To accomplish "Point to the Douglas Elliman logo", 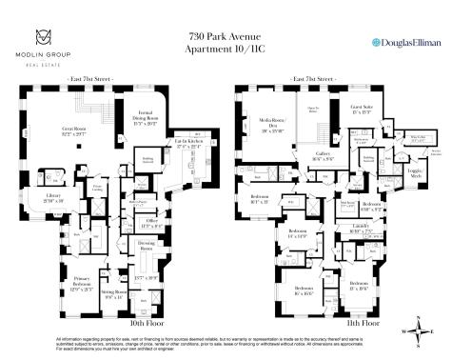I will click(404, 43).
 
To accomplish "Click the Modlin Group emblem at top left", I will click(42, 36).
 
